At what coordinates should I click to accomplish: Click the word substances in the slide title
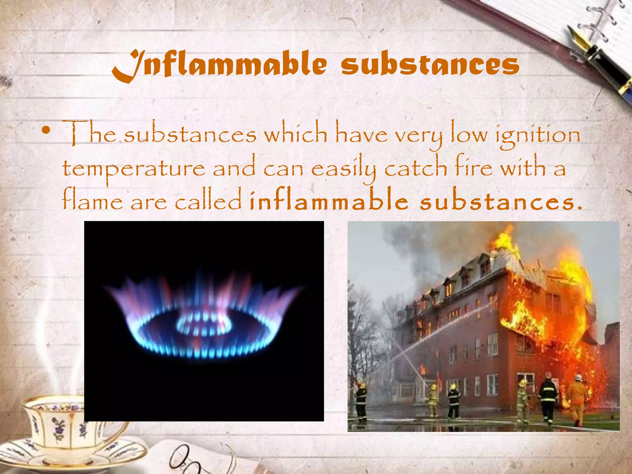coord(430,65)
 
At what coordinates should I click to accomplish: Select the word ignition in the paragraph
coord(538,136)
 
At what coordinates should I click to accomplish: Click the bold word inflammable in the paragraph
coord(329,201)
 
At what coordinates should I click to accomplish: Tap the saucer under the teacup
coord(74,457)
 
